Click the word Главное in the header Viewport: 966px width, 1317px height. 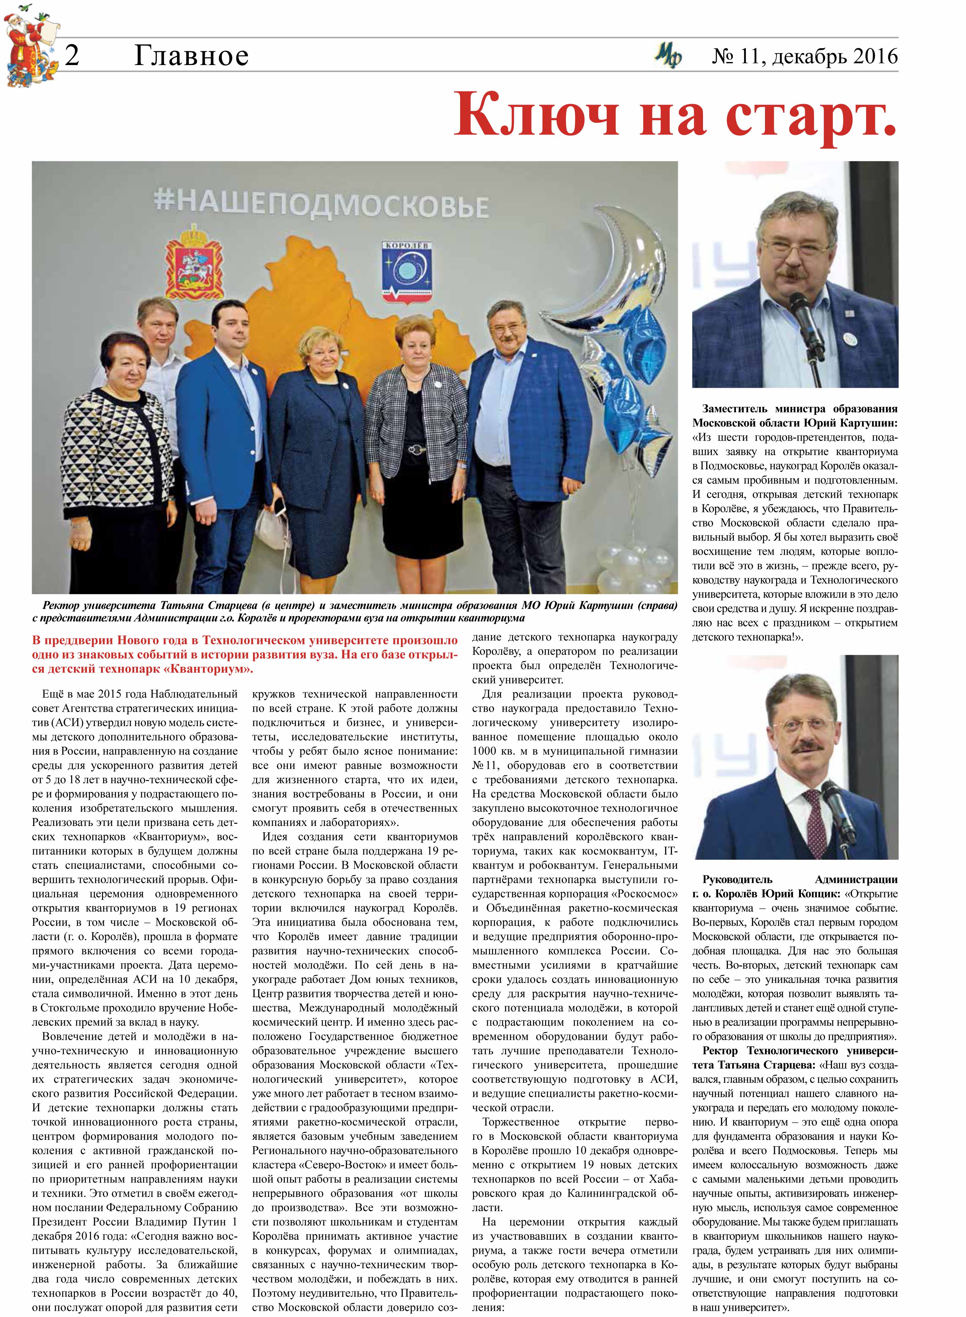[191, 56]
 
